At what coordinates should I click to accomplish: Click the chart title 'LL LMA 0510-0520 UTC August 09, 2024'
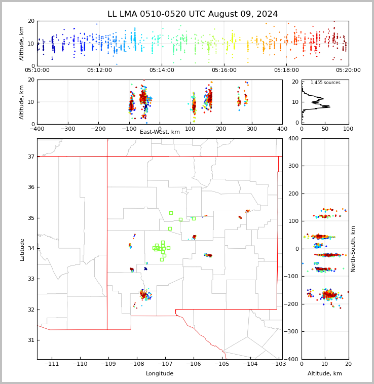click(x=193, y=14)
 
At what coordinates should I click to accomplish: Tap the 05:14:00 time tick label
click(x=161, y=70)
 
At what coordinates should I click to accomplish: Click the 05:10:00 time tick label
click(x=37, y=70)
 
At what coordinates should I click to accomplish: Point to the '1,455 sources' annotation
click(x=325, y=83)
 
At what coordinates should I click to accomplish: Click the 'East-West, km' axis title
click(x=160, y=132)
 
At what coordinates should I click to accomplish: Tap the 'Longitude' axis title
click(x=160, y=374)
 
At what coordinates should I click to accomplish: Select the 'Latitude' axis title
click(x=22, y=249)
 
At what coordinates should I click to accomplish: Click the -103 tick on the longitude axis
click(x=278, y=364)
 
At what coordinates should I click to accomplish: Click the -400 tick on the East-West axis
click(x=37, y=129)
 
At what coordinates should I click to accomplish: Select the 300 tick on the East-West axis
click(x=251, y=129)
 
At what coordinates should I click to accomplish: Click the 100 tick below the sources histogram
click(x=348, y=129)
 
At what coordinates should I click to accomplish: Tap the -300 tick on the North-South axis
click(x=292, y=332)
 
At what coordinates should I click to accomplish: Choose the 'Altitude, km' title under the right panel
click(x=325, y=374)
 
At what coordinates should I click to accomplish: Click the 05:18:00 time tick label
click(x=286, y=70)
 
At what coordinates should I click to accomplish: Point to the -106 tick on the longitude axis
click(x=193, y=364)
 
